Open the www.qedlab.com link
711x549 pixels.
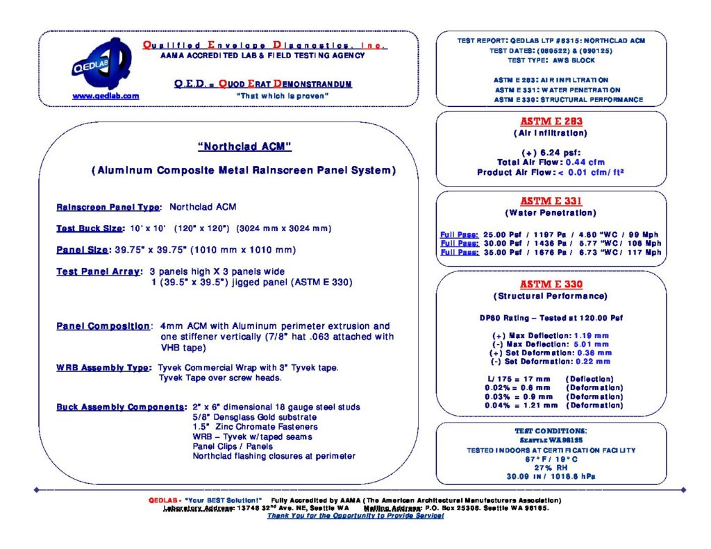point(106,96)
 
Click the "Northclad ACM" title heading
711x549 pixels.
point(244,146)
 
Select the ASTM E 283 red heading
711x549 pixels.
point(551,121)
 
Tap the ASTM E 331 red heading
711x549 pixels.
point(551,201)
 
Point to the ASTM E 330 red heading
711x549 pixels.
point(551,285)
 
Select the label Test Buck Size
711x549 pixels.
point(90,228)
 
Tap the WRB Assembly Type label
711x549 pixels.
point(103,367)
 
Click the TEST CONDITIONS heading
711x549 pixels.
point(551,431)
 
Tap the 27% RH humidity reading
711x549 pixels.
point(551,467)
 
